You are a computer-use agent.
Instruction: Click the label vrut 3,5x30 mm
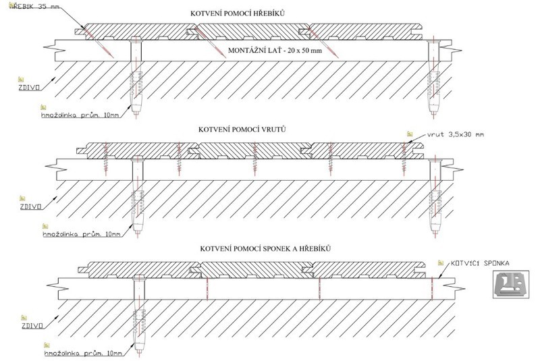pos(456,135)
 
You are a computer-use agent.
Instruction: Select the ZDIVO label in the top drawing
pos(26,87)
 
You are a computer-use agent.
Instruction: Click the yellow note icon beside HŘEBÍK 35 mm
pos(5,4)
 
